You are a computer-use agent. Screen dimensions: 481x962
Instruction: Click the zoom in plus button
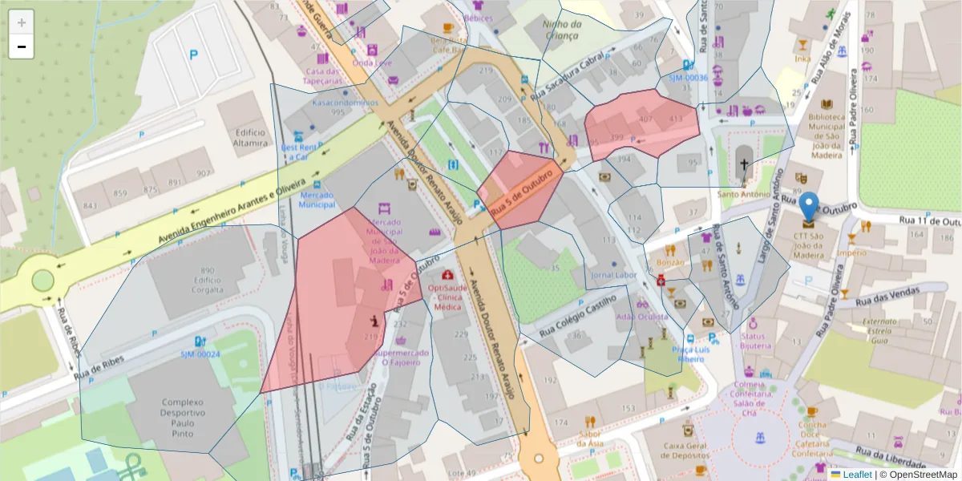(22, 22)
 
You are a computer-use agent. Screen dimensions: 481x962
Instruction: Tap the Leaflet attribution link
(856, 475)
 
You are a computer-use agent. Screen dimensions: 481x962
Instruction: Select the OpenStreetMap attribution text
(919, 475)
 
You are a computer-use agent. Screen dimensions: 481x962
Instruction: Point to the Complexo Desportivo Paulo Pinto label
(183, 417)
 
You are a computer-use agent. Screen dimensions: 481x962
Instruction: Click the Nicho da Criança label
(560, 30)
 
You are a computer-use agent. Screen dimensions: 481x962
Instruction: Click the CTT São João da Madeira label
(809, 245)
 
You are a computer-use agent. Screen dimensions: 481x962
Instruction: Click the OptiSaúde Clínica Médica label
(447, 297)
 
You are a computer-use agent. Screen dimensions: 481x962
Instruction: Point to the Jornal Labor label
(613, 275)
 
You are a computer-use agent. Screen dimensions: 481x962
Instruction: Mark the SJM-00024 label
(200, 354)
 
